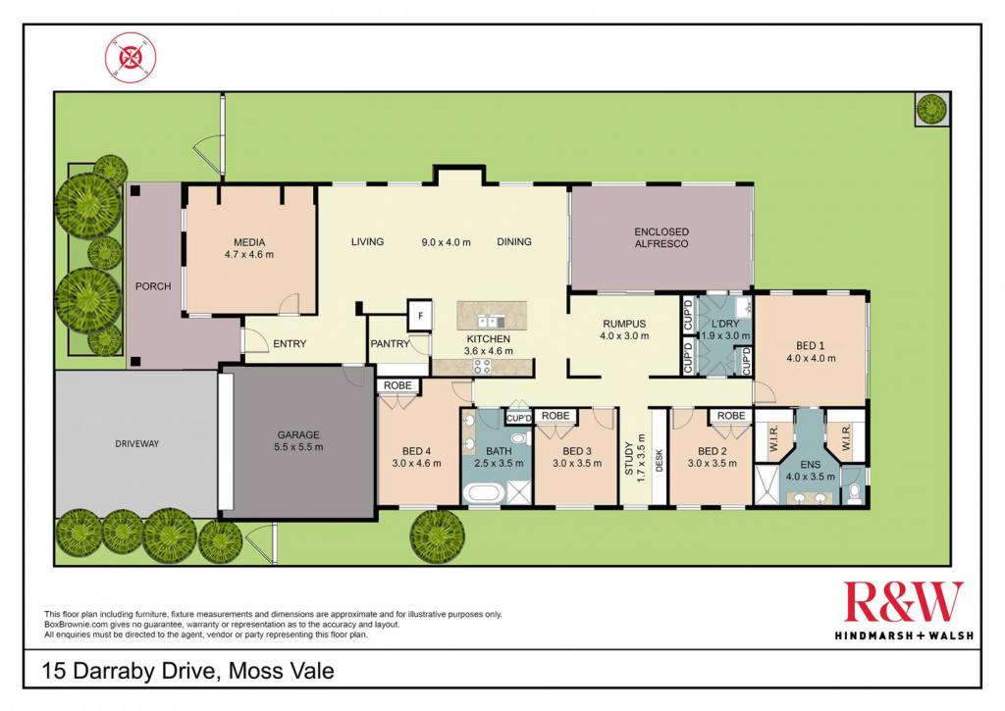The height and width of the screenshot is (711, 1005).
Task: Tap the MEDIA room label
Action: [x=249, y=242]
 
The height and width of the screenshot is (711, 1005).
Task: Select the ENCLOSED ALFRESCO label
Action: [x=661, y=237]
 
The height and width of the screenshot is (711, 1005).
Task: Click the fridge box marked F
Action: [x=420, y=315]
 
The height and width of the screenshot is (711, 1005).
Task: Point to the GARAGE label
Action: [x=298, y=434]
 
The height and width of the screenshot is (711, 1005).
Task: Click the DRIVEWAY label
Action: [x=136, y=443]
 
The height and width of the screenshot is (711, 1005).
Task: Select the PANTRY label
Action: [x=390, y=344]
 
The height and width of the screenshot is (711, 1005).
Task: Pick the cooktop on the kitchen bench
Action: [x=482, y=367]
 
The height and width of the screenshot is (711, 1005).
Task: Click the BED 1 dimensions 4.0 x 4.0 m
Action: [x=811, y=358]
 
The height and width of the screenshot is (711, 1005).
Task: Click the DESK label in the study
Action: [x=660, y=461]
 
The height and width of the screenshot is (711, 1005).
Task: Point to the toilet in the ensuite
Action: [x=853, y=492]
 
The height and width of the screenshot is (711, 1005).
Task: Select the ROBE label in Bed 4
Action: [x=397, y=385]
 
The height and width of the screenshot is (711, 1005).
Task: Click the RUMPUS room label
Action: [x=624, y=324]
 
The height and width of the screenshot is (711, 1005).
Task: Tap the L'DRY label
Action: [x=725, y=324]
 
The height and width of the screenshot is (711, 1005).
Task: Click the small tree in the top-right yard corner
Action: [x=931, y=108]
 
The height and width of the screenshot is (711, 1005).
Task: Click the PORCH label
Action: [x=153, y=286]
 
